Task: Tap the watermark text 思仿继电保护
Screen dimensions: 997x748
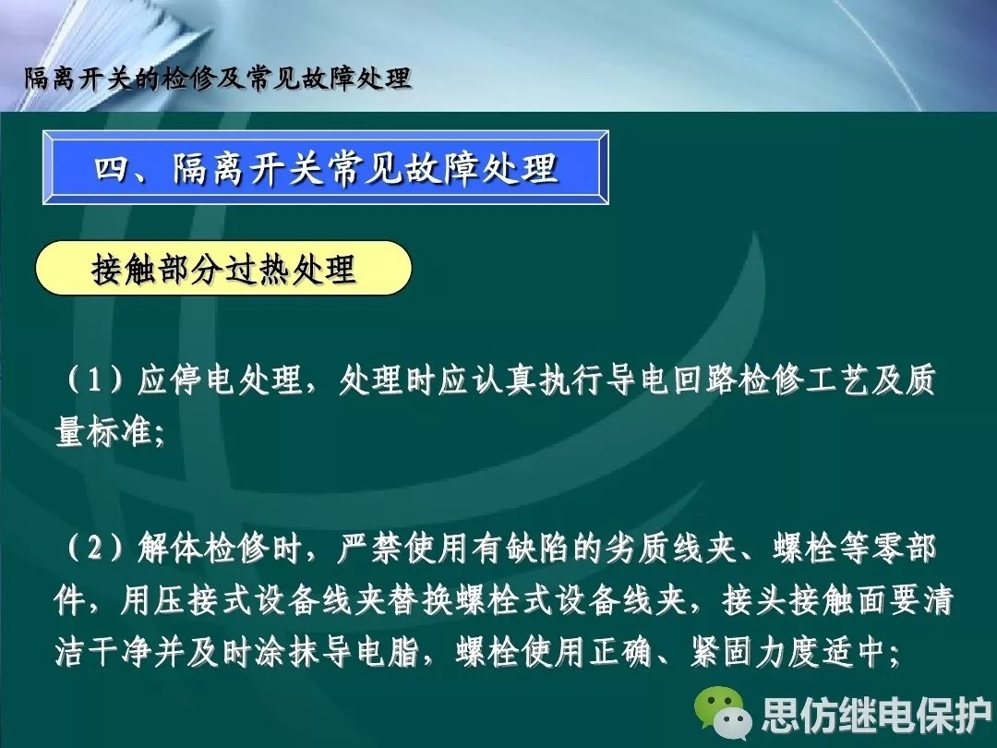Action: (876, 715)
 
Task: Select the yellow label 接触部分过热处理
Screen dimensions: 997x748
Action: (223, 268)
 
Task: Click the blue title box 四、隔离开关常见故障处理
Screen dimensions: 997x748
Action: (326, 167)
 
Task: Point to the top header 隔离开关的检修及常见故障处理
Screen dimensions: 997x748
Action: (218, 78)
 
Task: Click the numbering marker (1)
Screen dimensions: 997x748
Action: (94, 380)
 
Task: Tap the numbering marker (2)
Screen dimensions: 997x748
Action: (94, 548)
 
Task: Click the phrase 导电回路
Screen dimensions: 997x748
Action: (671, 380)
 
